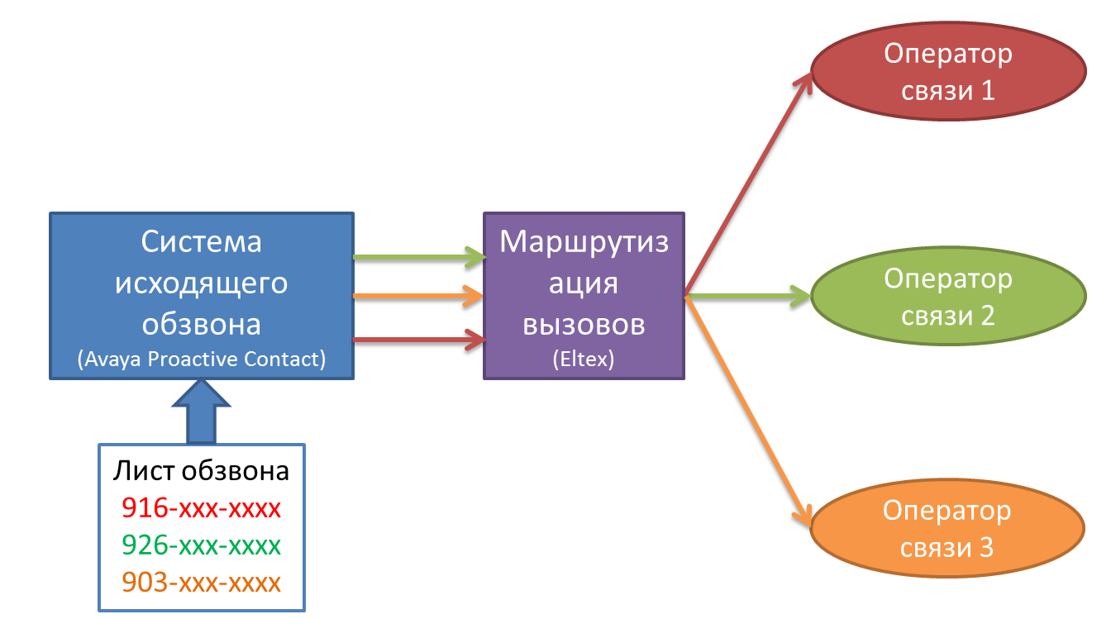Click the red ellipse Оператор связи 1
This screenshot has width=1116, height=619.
point(948,72)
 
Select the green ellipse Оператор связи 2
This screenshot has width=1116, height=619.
point(948,297)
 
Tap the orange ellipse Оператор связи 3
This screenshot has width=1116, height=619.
point(947,529)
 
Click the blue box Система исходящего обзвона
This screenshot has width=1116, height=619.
point(202,296)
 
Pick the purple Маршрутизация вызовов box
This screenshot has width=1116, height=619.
point(584,296)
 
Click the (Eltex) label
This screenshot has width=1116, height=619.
point(584,360)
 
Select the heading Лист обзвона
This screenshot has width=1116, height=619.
point(202,471)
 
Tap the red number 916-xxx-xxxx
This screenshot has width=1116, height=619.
point(202,507)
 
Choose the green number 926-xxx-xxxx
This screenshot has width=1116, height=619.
point(202,545)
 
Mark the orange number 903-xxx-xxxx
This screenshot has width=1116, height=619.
point(202,583)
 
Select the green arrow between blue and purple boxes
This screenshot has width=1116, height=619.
point(418,257)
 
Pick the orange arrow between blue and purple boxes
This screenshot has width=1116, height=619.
point(418,295)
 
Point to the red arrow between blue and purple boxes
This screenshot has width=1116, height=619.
point(418,339)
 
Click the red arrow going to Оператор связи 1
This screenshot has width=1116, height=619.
point(748,182)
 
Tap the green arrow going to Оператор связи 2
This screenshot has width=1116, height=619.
point(748,294)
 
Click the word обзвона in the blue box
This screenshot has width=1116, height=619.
point(202,323)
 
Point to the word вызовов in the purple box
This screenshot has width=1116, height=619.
point(584,325)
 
